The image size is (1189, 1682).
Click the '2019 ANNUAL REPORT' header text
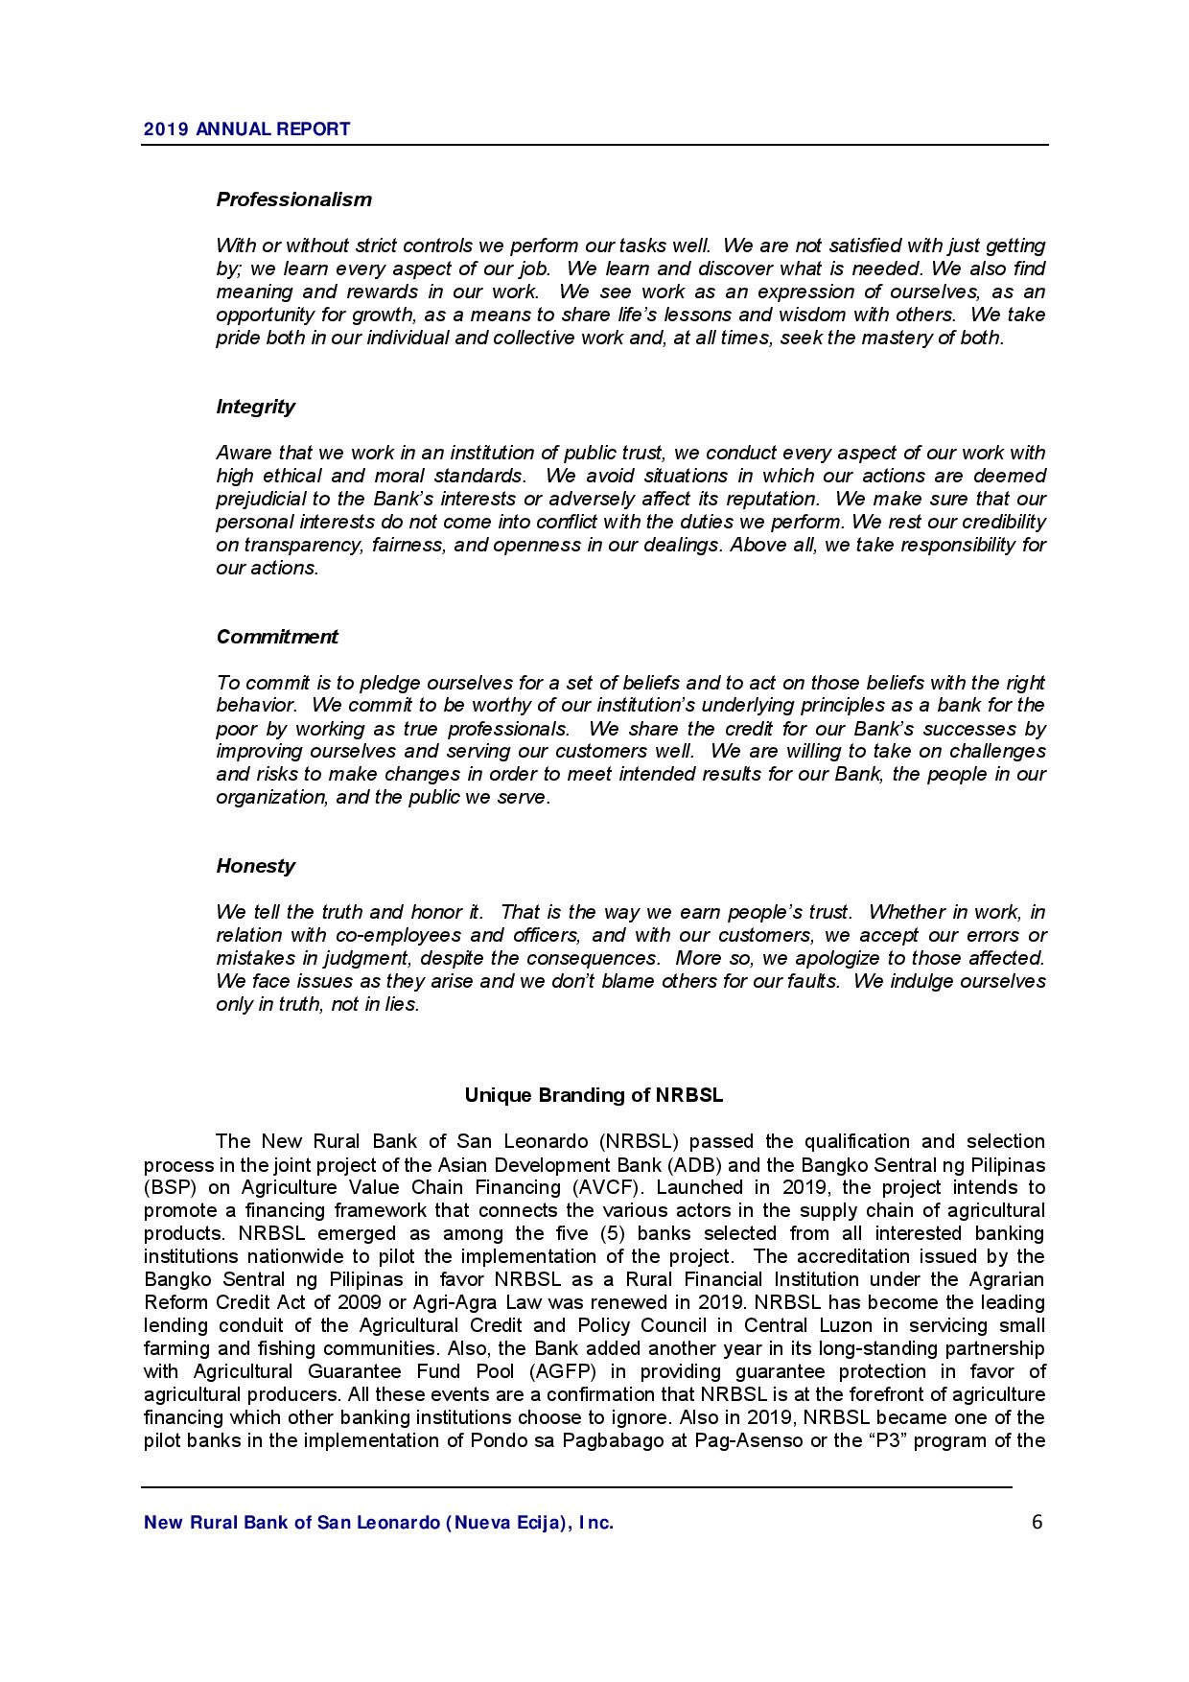coord(246,128)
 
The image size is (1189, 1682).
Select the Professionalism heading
coord(293,199)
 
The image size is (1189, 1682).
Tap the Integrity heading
coord(255,407)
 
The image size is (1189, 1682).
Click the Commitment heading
coord(276,637)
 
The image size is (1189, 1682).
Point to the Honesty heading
coord(255,866)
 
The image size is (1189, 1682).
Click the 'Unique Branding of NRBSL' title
coord(594,1095)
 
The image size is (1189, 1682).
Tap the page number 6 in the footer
coord(1037,1522)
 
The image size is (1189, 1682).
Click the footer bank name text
coord(378,1523)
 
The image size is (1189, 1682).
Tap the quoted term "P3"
coord(885,1441)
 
